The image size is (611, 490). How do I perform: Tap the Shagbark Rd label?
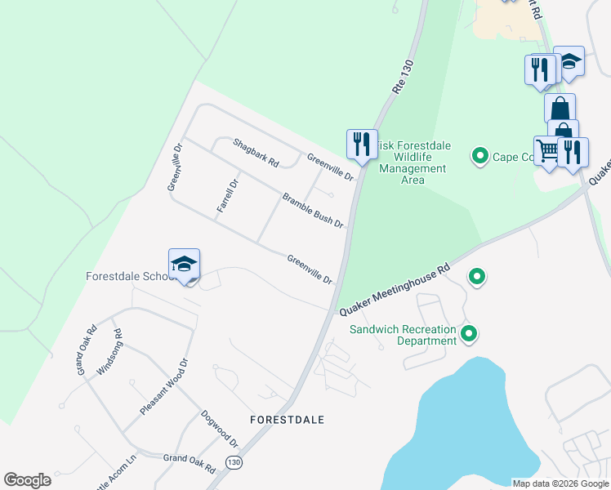[256, 152]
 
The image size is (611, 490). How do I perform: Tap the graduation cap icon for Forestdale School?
[184, 264]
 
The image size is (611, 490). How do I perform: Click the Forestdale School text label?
[131, 276]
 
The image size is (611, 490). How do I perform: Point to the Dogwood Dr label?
[219, 429]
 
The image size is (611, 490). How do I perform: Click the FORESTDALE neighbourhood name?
[287, 420]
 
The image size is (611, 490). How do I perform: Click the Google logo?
[27, 480]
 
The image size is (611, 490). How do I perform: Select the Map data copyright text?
[560, 483]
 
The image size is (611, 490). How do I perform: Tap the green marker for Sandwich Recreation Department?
[469, 333]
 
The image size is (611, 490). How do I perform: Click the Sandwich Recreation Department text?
[402, 335]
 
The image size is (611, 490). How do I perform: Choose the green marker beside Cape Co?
[480, 155]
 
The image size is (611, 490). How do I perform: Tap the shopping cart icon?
[549, 149]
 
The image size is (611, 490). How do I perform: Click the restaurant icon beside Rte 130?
[361, 144]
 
